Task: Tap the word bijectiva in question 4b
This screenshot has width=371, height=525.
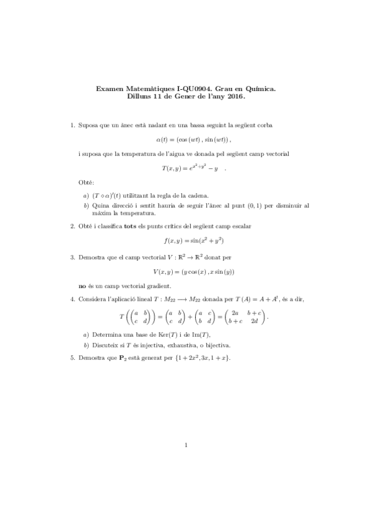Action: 225,345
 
